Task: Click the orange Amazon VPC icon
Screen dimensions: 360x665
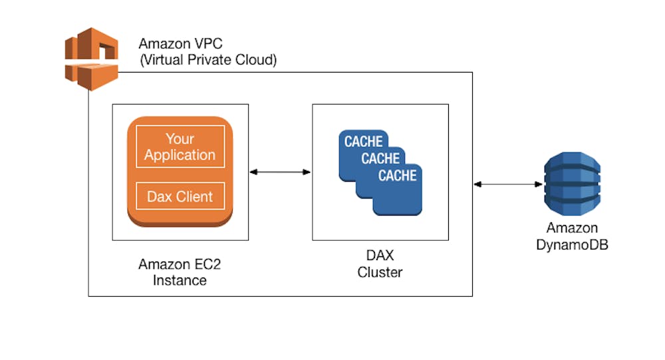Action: pos(91,59)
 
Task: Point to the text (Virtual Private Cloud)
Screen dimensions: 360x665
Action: pos(208,60)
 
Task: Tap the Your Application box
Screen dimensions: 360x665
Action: pos(180,147)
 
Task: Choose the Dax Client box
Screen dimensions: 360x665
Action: pos(180,196)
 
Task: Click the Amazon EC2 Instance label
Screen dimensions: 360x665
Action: pos(180,271)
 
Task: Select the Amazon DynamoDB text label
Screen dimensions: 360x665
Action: pos(572,236)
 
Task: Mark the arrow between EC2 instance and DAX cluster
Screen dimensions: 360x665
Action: pos(280,172)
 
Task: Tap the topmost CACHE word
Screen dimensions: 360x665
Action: pos(363,142)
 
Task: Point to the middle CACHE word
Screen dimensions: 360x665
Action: pos(380,159)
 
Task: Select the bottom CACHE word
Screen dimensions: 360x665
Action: pos(398,176)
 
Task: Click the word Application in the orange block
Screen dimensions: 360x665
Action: pos(180,155)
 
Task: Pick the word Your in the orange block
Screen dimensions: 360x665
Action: pos(180,139)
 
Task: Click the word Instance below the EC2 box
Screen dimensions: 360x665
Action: pos(180,279)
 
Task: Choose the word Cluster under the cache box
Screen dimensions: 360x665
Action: pos(380,272)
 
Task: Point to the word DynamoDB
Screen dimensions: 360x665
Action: pos(572,244)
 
